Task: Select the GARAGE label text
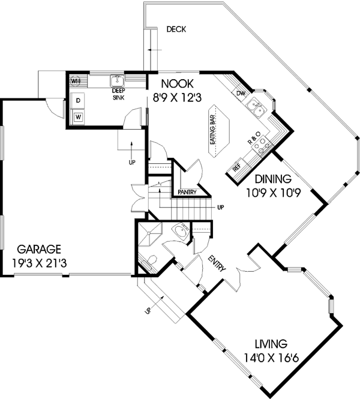[x=38, y=248]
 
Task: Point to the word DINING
[x=272, y=179]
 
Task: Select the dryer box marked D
[x=78, y=100]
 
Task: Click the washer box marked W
[x=78, y=116]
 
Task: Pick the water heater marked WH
[x=76, y=80]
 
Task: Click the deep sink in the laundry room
[x=117, y=81]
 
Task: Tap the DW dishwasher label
[x=241, y=94]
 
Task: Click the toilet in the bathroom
[x=152, y=261]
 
